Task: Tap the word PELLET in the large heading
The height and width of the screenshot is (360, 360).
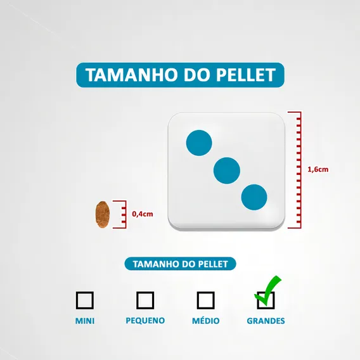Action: tap(246, 75)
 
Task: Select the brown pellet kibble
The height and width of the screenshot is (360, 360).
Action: tap(103, 214)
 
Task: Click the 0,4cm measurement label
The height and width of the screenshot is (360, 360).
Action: tap(143, 214)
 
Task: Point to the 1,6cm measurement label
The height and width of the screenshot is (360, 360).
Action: tap(318, 169)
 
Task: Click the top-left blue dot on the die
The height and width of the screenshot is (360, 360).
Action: tap(199, 143)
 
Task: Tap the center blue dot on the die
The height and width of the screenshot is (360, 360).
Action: tap(227, 170)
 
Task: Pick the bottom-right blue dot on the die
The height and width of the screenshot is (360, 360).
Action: tap(254, 197)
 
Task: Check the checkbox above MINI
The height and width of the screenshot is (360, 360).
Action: tap(85, 300)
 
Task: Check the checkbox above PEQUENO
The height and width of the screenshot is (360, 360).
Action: tap(145, 300)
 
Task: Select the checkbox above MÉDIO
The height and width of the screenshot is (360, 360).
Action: tap(206, 300)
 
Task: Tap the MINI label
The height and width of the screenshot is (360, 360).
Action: tap(85, 321)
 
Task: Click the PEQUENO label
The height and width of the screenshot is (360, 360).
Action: tap(145, 321)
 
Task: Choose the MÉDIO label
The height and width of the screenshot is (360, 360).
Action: tap(206, 320)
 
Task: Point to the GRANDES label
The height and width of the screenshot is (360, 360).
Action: tap(266, 321)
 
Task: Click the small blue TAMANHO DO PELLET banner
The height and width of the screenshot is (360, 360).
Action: tap(180, 264)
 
